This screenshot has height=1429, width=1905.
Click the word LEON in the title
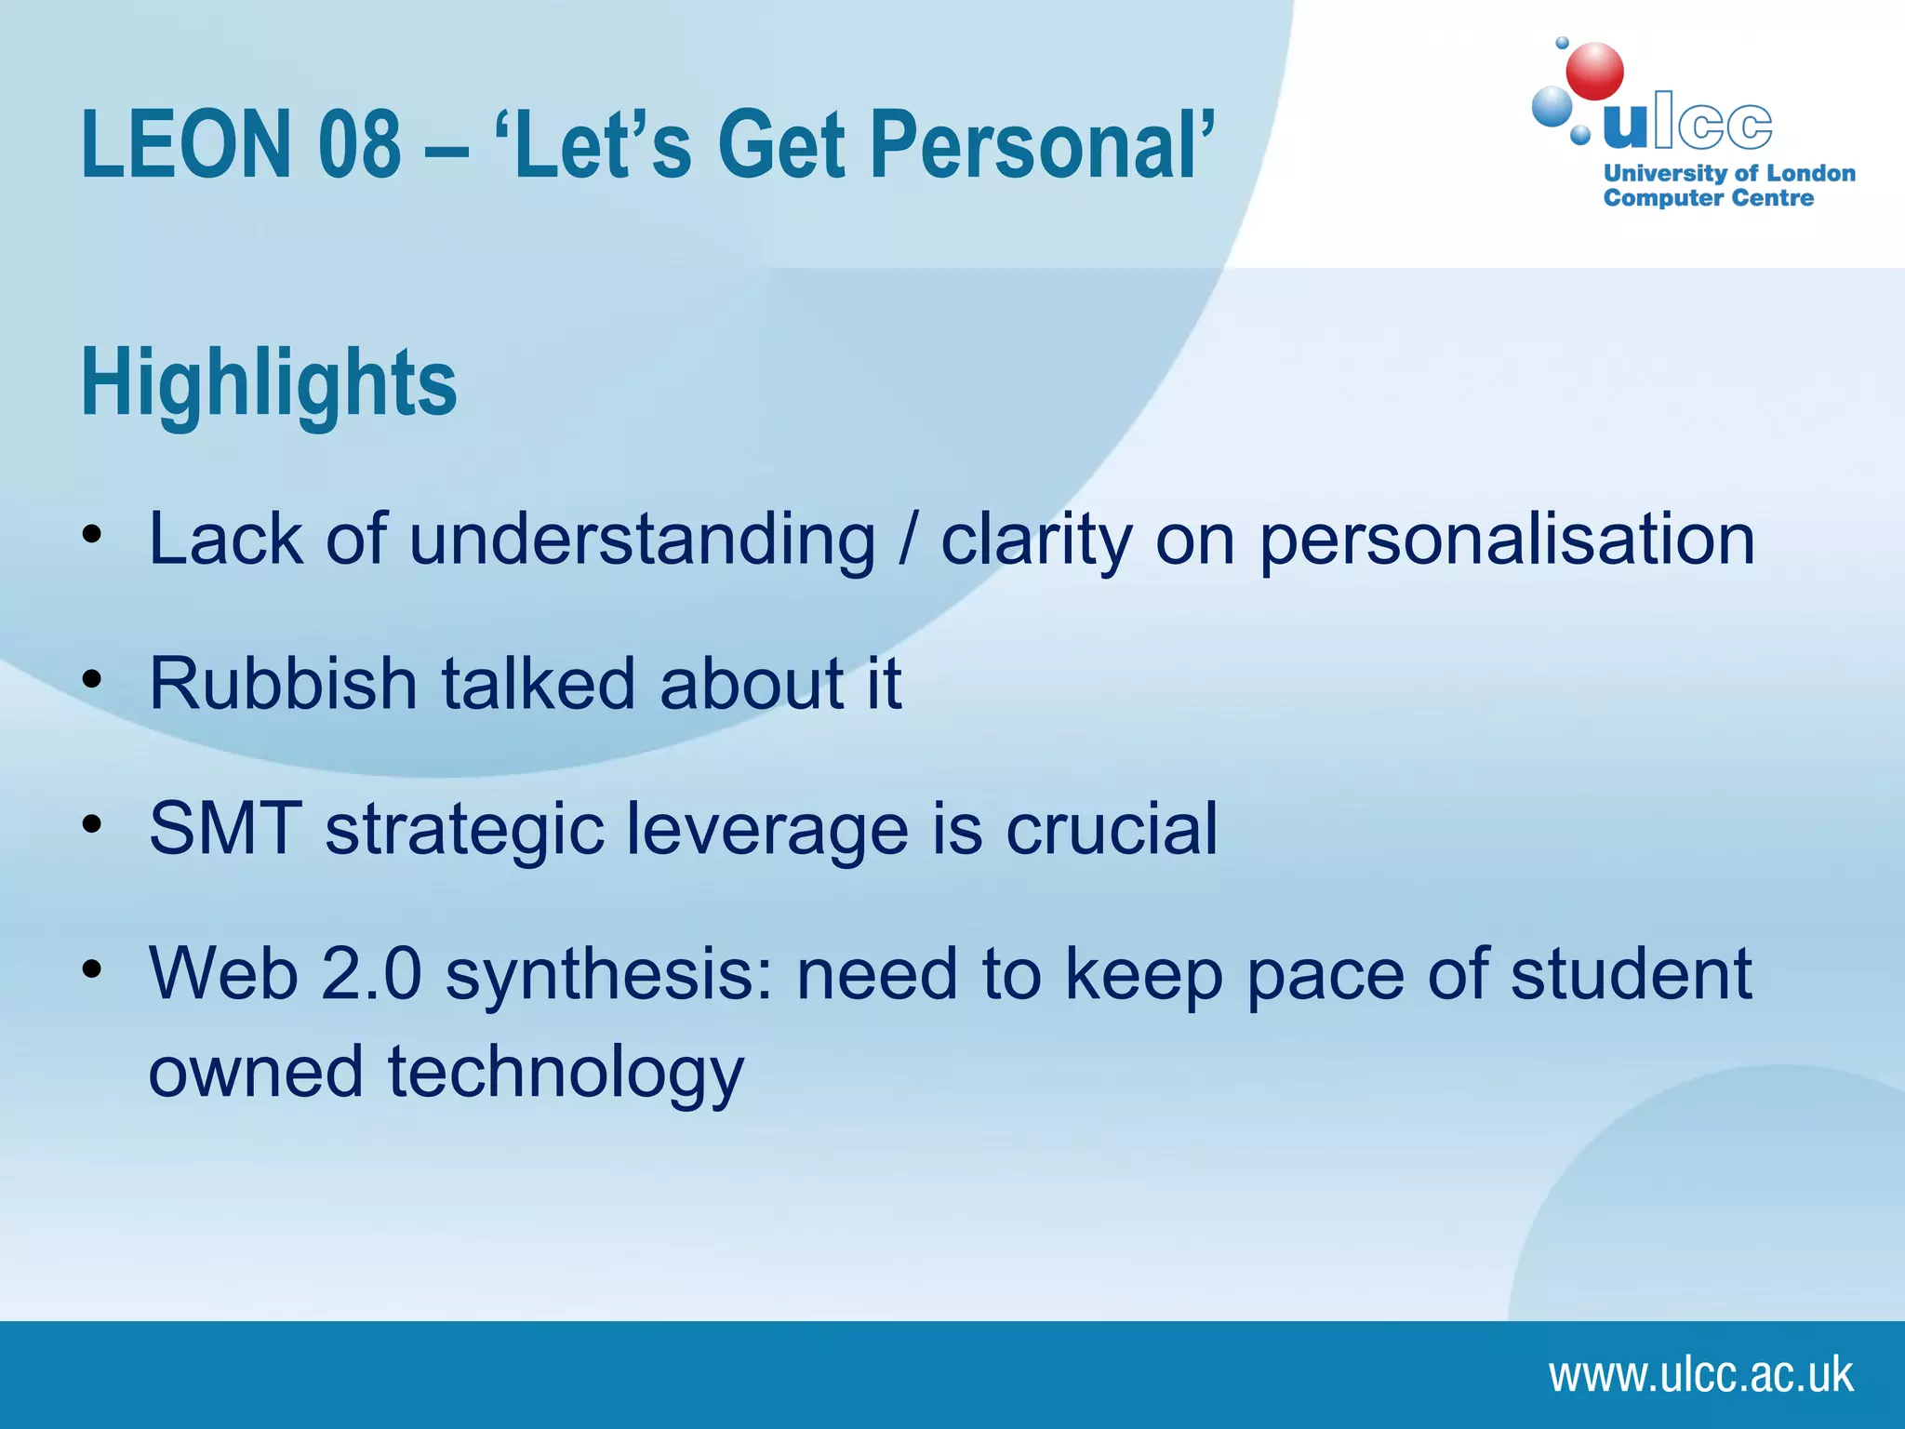click(x=187, y=145)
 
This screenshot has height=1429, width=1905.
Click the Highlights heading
click(x=270, y=383)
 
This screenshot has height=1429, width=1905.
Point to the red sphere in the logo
click(x=1594, y=72)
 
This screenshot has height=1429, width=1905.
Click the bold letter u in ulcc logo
click(x=1625, y=126)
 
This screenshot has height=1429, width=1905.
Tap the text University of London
click(x=1729, y=174)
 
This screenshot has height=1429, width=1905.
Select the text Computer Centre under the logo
click(x=1708, y=198)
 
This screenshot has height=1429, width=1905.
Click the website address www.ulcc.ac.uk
click(x=1700, y=1375)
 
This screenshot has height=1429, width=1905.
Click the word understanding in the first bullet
click(x=642, y=540)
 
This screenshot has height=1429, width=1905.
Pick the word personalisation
click(x=1507, y=540)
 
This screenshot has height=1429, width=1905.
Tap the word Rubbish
click(x=283, y=684)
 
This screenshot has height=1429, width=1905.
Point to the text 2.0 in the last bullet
click(x=371, y=974)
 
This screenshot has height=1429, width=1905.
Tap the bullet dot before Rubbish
click(x=90, y=679)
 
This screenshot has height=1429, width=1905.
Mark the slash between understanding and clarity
click(x=908, y=540)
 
